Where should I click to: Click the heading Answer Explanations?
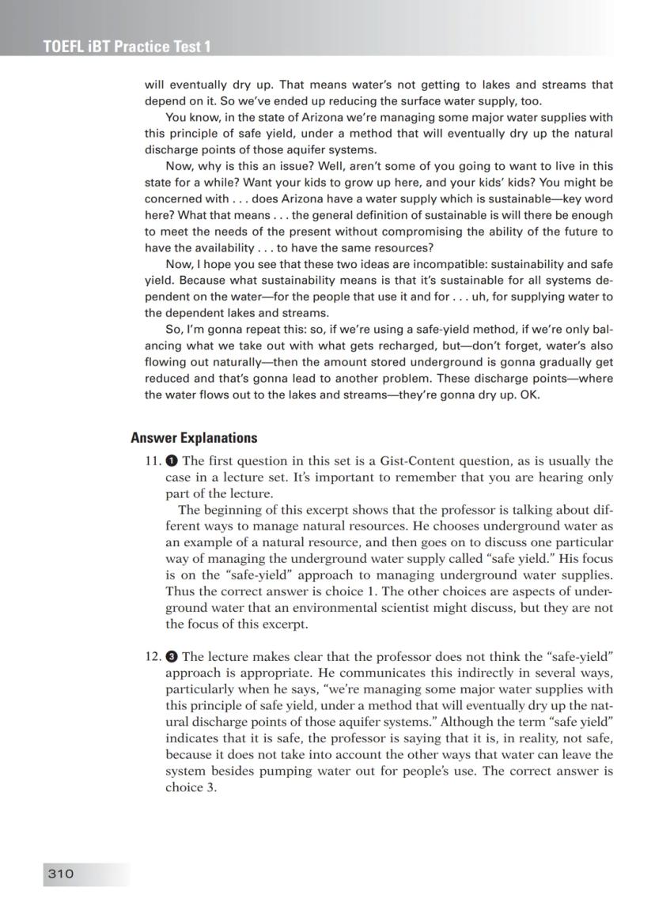coord(194,438)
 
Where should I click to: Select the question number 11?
coord(153,461)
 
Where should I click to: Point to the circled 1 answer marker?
coord(172,461)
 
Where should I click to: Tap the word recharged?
coord(415,345)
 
